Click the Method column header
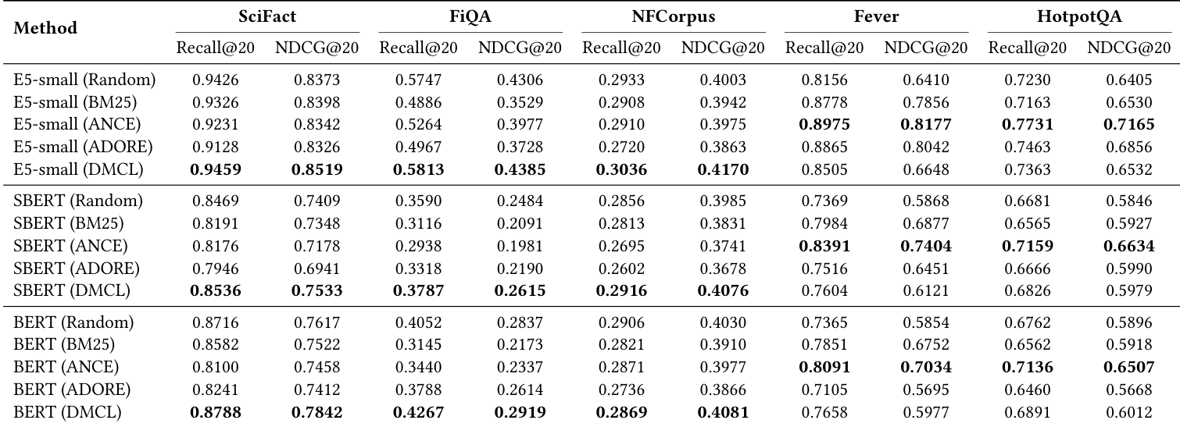(x=47, y=28)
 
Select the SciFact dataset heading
(x=266, y=16)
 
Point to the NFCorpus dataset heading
(x=673, y=16)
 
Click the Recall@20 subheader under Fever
(x=824, y=48)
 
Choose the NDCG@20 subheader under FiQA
(x=520, y=48)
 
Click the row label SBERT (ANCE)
(x=71, y=245)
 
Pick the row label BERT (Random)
(x=73, y=322)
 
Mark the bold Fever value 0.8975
(x=824, y=124)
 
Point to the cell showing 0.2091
(x=520, y=223)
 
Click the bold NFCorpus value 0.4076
(x=723, y=290)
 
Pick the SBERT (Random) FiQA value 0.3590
(x=418, y=201)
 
